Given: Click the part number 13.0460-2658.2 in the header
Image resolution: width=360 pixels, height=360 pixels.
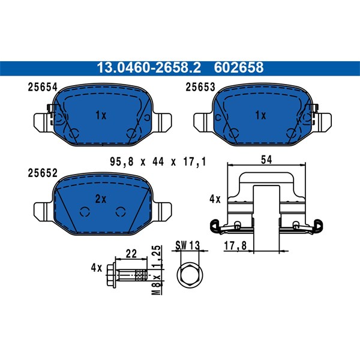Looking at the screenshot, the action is click(149, 68).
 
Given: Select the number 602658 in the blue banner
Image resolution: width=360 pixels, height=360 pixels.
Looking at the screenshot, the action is click(239, 68).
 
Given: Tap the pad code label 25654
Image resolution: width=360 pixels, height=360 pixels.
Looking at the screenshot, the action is click(43, 87).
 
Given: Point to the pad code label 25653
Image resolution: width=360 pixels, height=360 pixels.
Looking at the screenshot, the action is click(200, 87).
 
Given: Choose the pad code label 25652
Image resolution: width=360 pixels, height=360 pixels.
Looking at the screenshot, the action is click(43, 173).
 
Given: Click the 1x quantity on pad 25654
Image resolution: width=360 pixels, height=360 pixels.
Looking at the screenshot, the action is click(101, 115).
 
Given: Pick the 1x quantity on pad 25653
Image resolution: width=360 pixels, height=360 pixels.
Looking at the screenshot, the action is click(261, 115).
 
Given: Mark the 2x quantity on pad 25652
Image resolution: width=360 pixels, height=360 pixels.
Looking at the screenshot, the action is click(101, 199).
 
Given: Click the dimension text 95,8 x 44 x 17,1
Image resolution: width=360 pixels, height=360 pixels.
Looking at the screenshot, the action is click(158, 162).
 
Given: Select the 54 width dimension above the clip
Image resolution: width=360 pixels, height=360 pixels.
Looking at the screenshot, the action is click(266, 160).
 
